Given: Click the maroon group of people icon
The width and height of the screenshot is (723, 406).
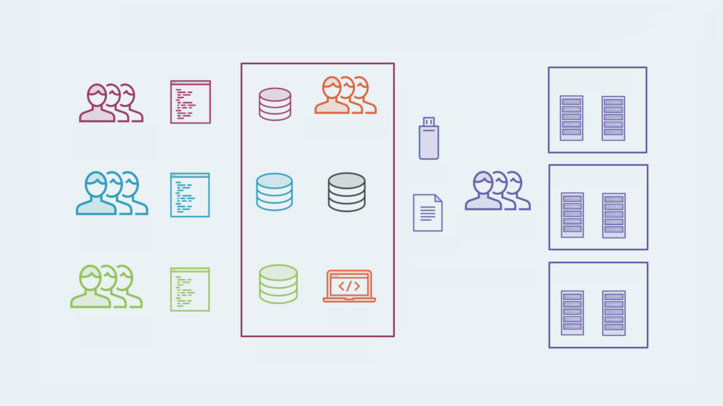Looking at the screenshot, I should point(111,103).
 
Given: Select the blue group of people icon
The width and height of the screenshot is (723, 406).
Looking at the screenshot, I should point(112,193).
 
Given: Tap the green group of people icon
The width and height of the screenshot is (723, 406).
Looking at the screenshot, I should point(106,286).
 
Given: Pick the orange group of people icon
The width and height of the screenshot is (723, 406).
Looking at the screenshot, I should point(345,95).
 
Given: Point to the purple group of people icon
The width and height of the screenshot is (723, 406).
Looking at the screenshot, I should point(498,191).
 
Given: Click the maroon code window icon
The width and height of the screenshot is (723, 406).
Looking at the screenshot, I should point(190,102).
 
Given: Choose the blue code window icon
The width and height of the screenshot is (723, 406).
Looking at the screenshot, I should point(190,195).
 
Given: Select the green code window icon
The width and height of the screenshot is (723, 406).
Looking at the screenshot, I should point(190,289).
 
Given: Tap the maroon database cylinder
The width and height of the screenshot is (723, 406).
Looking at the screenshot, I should point(275,104).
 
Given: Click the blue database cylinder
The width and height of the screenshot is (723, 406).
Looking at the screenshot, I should point(275,192).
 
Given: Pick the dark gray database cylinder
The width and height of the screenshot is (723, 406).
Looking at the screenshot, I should point(347,192).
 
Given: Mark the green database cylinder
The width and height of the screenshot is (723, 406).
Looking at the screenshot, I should point(278,284).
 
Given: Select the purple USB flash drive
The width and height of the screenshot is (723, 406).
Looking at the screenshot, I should point(429,139).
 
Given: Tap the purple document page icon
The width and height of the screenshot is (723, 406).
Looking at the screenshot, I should point(428,213).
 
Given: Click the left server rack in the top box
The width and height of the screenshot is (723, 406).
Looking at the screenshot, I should point(572,118).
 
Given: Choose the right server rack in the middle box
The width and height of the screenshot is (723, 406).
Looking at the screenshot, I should point(614,215).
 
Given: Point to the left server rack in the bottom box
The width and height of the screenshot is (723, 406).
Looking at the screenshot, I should point(572,313).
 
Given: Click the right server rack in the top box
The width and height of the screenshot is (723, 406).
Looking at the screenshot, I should point(613,118).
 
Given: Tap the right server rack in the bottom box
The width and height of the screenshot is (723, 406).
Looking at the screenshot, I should point(614,313).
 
